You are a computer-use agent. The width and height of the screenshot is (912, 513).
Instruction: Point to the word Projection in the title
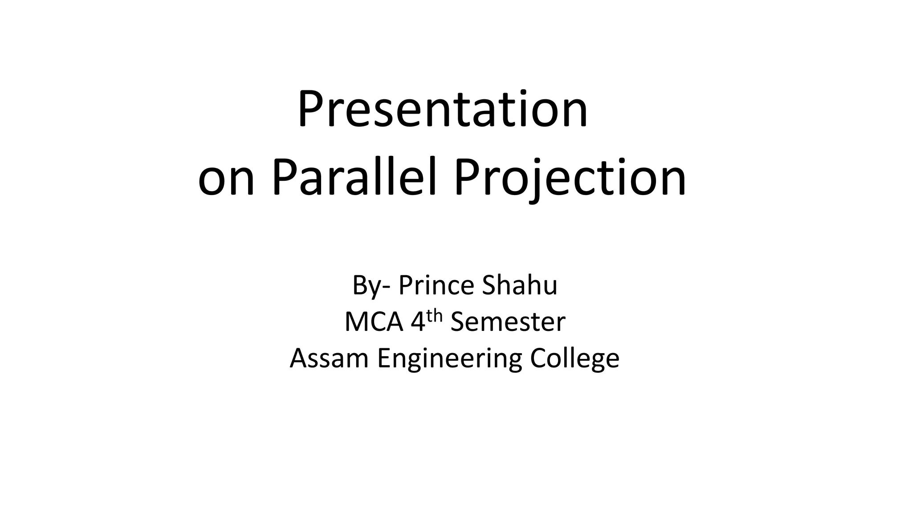[570, 178]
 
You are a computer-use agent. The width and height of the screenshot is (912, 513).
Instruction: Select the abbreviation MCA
[374, 322]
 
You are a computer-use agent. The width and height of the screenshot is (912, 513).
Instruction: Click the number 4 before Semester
[418, 322]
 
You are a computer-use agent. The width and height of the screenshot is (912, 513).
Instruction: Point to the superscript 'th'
[435, 316]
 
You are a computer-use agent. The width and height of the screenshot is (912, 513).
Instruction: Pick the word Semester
[508, 322]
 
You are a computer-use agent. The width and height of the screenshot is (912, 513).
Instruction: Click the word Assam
[329, 358]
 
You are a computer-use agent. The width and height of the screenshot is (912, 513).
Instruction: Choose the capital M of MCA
[356, 322]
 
